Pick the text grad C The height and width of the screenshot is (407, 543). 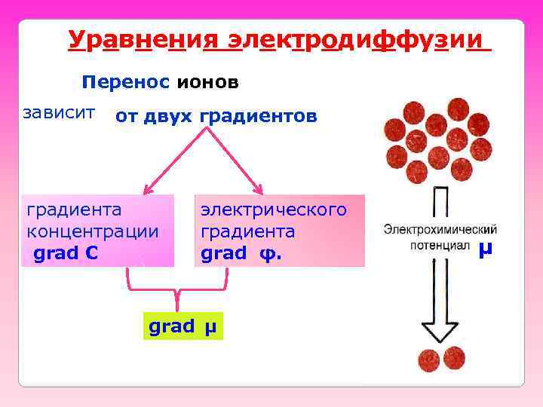point(66,253)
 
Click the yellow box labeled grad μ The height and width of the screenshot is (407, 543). point(183,327)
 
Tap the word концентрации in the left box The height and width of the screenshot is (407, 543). point(93,231)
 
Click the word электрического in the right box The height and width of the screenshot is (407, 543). point(274,209)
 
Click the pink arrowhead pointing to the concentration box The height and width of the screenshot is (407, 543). point(148,190)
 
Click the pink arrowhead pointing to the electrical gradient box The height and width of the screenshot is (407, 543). point(259,190)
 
